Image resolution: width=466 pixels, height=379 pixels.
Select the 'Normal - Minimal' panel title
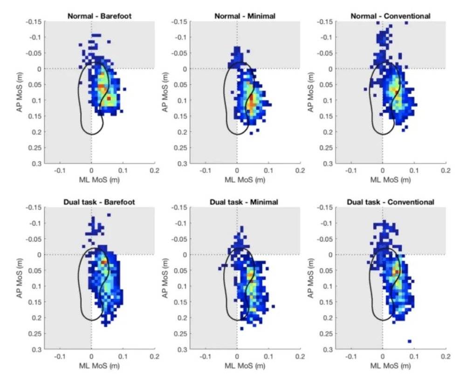click(x=245, y=16)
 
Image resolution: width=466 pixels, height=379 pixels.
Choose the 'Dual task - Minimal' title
click(x=245, y=202)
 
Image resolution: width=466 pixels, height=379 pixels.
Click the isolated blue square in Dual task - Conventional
click(x=410, y=341)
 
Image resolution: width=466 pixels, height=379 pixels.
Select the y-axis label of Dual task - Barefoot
click(x=21, y=278)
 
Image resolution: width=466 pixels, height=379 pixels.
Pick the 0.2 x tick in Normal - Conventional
click(x=446, y=171)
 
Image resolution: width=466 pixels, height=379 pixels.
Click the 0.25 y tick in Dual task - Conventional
click(x=327, y=334)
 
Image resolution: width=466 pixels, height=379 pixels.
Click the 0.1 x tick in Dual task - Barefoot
click(x=123, y=357)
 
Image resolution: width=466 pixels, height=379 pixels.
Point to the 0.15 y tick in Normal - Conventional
click(x=327, y=116)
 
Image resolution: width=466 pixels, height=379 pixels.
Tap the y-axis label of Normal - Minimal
click(x=167, y=92)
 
